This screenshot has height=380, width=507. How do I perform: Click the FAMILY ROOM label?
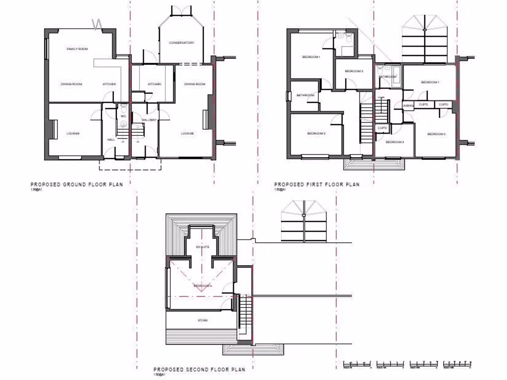point(77,49)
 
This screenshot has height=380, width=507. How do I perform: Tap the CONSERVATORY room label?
point(181,43)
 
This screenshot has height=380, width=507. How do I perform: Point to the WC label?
point(123,116)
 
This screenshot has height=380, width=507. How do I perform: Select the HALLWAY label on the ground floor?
point(149,120)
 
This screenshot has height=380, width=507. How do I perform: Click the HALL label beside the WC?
point(111,140)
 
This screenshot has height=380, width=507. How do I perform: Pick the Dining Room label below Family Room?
point(71,84)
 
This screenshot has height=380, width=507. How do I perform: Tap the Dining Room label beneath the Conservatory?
point(195,84)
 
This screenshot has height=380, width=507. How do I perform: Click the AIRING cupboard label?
point(408,105)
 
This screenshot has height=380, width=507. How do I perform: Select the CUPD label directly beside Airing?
point(424,104)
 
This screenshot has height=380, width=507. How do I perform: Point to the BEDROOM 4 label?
point(203,286)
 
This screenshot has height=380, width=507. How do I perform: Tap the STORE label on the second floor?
point(203,320)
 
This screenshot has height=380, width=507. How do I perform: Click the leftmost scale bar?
point(357,365)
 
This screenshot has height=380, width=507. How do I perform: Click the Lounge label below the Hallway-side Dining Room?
point(187,134)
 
